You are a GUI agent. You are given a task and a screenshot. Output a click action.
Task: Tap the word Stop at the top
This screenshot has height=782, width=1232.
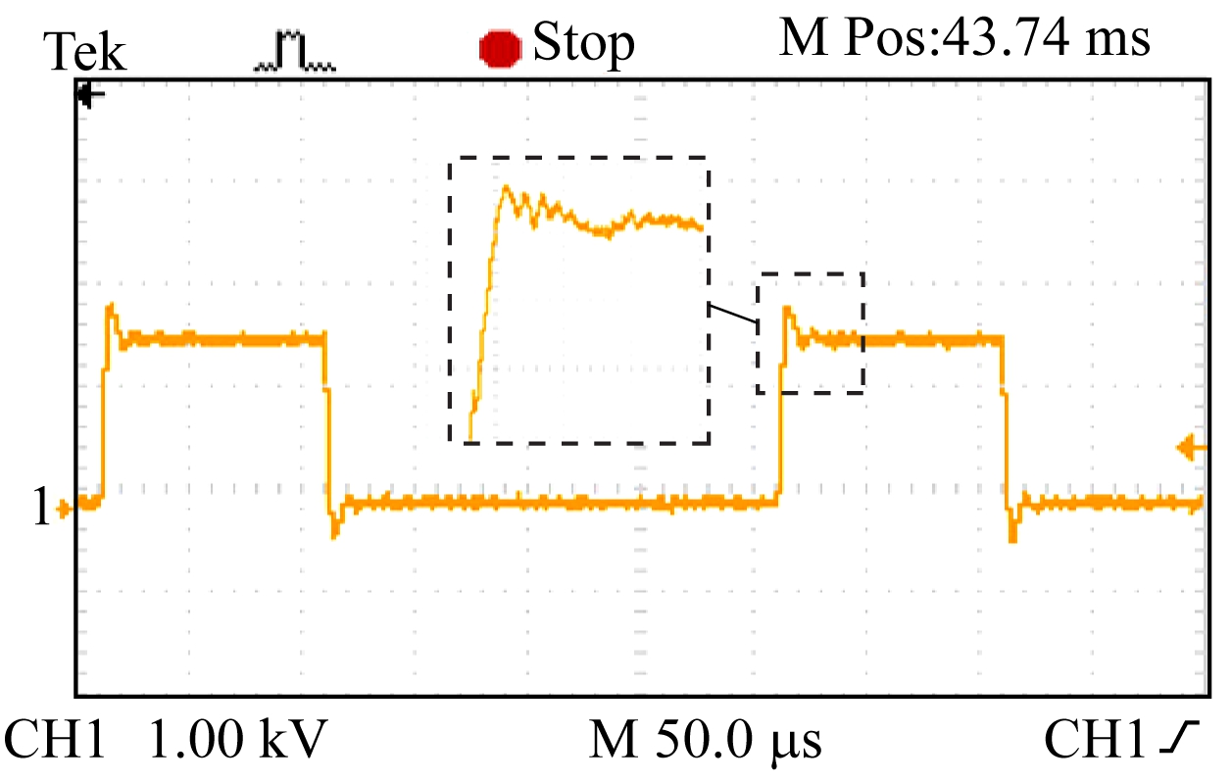click(583, 44)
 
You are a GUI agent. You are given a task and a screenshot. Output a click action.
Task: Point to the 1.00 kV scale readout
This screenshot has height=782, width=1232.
click(236, 741)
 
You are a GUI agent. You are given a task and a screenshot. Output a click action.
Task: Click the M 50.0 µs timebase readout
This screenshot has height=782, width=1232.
click(706, 741)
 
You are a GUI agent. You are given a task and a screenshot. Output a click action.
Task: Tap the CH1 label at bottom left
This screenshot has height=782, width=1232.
click(55, 741)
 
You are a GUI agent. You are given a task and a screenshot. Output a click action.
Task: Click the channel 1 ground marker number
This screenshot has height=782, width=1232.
click(40, 508)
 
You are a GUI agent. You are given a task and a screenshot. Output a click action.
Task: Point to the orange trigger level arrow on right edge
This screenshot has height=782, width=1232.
click(1192, 449)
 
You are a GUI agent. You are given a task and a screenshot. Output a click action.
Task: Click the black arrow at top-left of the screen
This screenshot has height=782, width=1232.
click(90, 96)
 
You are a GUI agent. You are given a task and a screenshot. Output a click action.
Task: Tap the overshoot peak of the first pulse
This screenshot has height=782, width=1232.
click(111, 307)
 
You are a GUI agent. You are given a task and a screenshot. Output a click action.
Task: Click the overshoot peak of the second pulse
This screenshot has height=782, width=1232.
click(787, 310)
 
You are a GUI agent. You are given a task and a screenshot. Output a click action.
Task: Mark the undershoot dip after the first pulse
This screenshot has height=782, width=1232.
click(335, 533)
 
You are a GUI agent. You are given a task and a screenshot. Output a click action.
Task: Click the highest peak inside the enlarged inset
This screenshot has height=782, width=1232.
click(507, 187)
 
